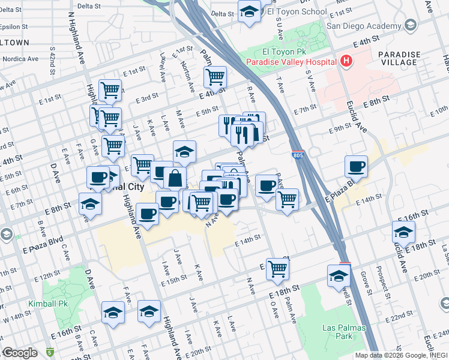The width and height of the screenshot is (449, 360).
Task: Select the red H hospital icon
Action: click(x=346, y=61)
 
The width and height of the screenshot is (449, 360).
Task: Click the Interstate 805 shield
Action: click(x=298, y=156)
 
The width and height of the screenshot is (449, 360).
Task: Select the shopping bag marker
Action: click(x=175, y=178)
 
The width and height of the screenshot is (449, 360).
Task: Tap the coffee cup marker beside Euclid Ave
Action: click(x=357, y=166)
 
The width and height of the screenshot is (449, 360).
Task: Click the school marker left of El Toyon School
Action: click(x=249, y=11)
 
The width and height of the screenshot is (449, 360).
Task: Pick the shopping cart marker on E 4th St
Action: click(x=214, y=77)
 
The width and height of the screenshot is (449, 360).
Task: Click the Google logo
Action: click(x=19, y=353)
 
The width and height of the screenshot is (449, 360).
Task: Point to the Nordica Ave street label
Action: click(x=21, y=59)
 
